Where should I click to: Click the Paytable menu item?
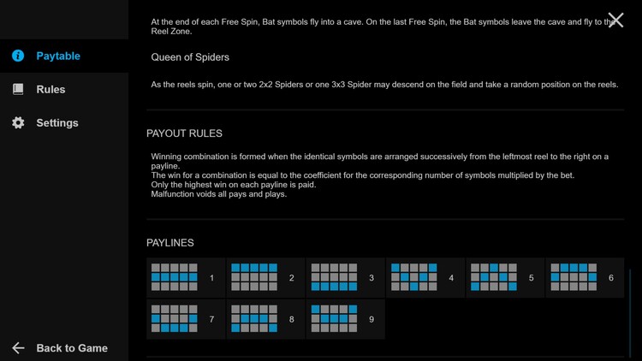(58, 56)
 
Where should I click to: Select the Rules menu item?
(51, 89)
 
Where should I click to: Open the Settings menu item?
(57, 123)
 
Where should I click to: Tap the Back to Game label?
(72, 348)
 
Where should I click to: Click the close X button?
(615, 20)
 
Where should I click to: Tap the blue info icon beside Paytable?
(18, 56)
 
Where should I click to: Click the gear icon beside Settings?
(18, 122)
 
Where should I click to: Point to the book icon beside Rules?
(18, 89)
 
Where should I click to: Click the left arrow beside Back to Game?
(18, 348)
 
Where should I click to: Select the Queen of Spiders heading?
(190, 57)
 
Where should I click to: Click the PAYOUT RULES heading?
(184, 133)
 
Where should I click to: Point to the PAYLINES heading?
(170, 243)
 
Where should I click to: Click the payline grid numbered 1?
(175, 277)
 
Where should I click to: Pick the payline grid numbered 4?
(414, 277)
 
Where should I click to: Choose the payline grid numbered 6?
(574, 277)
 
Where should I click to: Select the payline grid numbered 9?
(334, 318)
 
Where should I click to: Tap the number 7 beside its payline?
(211, 319)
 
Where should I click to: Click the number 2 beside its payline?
(292, 278)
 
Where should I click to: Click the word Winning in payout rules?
(166, 157)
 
